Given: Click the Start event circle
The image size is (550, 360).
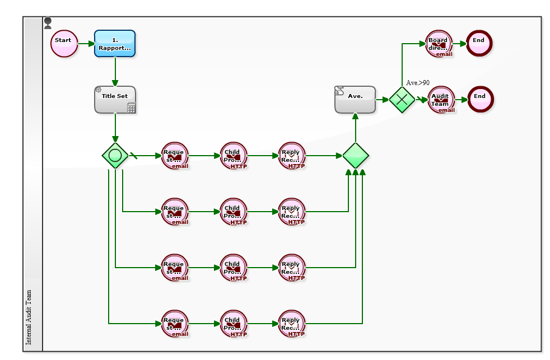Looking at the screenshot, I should tap(64, 44).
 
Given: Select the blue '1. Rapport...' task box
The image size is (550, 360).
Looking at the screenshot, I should tap(115, 44).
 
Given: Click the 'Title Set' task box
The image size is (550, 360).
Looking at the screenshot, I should tap(115, 100).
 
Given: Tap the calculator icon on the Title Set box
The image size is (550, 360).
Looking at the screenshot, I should tap(132, 108).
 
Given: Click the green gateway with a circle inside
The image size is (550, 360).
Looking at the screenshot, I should tap(115, 156).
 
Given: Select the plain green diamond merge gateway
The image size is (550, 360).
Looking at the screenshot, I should tap(356, 156).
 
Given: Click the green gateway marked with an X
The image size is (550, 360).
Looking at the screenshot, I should tap(402, 100).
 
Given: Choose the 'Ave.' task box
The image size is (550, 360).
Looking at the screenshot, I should tap(355, 100).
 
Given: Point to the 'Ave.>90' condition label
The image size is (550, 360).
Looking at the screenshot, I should tap(418, 83).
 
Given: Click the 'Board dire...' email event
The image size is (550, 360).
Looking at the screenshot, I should tap(439, 44).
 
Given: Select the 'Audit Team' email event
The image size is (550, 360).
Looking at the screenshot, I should tap(441, 100).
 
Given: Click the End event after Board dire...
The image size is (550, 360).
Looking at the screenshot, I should tap(479, 44).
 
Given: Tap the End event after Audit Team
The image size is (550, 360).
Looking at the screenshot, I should tap(480, 100).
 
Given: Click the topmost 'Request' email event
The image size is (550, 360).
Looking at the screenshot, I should tap(175, 156).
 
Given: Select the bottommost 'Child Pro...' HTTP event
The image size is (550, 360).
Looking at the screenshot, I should tap(234, 324).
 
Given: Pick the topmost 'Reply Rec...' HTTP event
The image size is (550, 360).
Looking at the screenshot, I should tap(292, 156).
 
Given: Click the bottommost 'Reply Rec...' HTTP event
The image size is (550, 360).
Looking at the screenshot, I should tap(292, 324).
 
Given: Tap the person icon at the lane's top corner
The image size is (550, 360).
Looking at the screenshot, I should tap(48, 23).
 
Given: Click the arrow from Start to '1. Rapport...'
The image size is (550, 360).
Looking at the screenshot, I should tap(86, 44).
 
